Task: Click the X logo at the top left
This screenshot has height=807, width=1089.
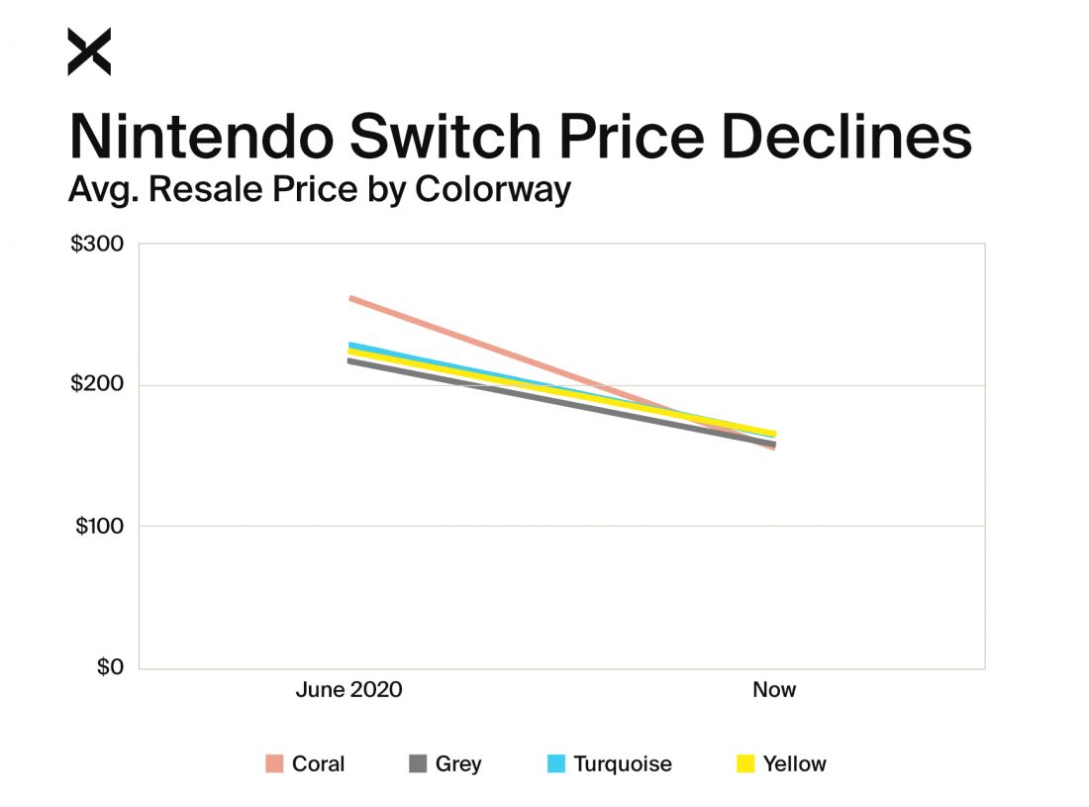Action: coord(89,51)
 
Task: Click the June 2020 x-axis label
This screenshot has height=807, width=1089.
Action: coord(348,689)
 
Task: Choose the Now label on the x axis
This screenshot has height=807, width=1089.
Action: coord(773,689)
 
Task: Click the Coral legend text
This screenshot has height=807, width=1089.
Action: coord(318,763)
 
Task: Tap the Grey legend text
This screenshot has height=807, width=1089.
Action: coord(458,763)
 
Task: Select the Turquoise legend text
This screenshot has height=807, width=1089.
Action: coord(622,763)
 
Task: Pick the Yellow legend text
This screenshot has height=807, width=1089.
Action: coord(794,763)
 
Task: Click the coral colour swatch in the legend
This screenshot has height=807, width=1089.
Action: coord(274,763)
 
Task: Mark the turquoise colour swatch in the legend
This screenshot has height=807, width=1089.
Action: coord(556,763)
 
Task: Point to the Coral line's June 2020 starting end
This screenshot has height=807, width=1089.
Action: coord(351,298)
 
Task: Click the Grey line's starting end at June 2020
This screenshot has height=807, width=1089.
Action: coord(351,361)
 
